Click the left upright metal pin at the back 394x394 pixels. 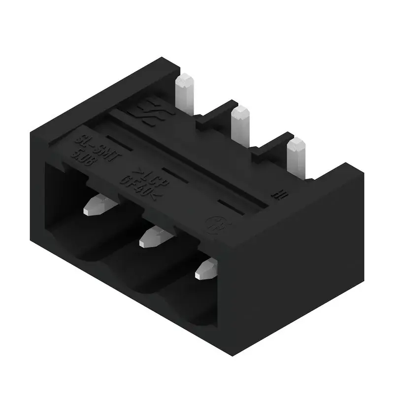click(x=185, y=94)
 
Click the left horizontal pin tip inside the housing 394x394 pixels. click(x=97, y=206)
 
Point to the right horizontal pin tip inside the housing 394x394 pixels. click(x=207, y=268)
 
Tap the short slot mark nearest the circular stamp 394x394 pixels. click(x=231, y=205)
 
